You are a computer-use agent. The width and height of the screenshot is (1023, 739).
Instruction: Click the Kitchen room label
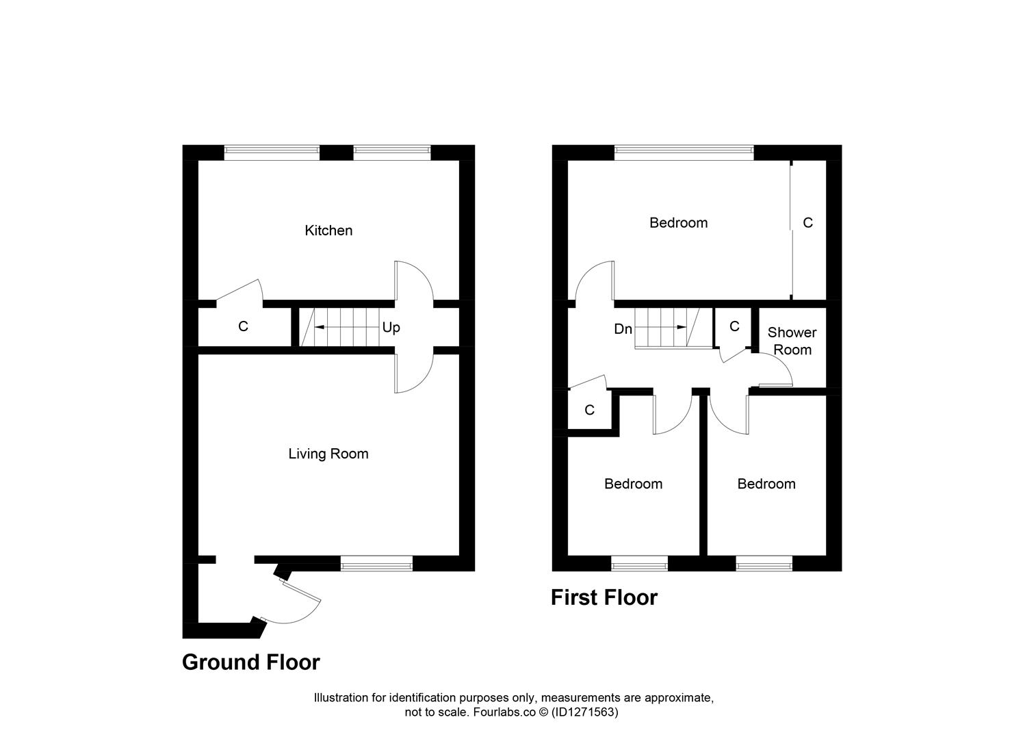click(328, 231)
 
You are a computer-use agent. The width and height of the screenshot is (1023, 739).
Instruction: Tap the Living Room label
click(328, 454)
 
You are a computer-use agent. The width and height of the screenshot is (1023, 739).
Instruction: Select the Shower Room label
click(792, 341)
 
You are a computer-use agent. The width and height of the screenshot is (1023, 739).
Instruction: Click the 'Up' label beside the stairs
click(391, 328)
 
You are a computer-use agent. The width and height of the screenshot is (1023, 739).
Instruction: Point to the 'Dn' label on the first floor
click(623, 329)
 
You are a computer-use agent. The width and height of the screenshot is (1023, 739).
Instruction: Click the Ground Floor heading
click(250, 662)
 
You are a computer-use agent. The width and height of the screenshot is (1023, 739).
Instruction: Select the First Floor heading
click(604, 597)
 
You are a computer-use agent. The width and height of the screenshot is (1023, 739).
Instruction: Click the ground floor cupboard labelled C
click(243, 327)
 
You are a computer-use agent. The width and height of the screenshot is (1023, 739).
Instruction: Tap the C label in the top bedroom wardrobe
click(807, 223)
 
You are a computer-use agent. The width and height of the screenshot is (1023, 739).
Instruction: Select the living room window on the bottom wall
click(376, 564)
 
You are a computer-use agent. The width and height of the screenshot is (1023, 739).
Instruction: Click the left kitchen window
click(272, 152)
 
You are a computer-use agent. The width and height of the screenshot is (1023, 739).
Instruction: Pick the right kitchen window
click(392, 152)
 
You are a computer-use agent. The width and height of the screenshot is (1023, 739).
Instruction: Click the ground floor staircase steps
click(346, 327)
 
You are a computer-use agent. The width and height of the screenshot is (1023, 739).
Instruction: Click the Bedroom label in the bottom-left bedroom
click(633, 484)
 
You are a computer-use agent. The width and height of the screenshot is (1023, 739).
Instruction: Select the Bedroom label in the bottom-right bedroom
click(766, 484)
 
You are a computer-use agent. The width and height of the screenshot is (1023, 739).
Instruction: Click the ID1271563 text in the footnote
click(587, 712)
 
